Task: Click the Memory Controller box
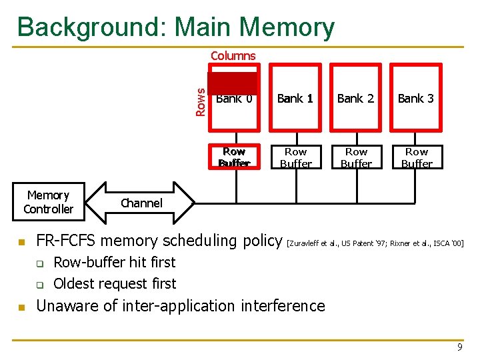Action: pos(48,202)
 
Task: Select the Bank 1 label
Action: pos(295,99)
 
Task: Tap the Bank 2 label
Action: pos(355,99)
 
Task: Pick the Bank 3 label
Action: pos(416,99)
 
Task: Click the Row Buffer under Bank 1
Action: pos(295,157)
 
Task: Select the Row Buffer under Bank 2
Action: pos(356,157)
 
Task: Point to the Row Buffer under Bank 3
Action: pos(417,157)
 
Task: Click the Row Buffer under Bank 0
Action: pos(234,157)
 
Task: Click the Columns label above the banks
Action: pos(233,56)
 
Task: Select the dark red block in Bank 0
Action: pos(232,83)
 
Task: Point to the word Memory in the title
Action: pos(287,27)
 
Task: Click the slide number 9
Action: pos(459,347)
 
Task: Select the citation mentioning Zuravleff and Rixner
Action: pos(375,243)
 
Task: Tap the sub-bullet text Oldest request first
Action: pos(115,284)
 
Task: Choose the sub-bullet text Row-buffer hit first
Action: pos(114,263)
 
